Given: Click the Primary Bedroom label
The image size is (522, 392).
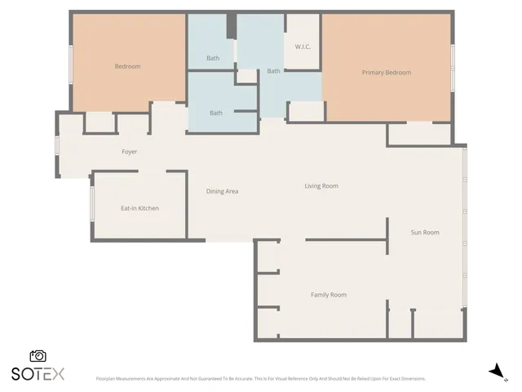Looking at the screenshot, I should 386,73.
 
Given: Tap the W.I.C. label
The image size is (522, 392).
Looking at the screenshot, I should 301,47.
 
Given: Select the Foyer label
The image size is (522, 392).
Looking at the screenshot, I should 129,152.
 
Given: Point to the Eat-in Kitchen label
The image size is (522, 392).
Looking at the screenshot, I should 139,208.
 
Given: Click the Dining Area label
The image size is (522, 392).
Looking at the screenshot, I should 222,191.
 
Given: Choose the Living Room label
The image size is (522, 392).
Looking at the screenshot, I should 321,186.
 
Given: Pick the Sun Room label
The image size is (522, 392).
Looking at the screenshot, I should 425,233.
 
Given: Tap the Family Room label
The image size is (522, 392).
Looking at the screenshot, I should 328,295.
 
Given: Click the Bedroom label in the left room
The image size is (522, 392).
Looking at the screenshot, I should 127,66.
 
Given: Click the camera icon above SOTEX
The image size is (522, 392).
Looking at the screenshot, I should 38,356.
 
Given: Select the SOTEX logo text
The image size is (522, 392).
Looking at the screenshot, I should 38,374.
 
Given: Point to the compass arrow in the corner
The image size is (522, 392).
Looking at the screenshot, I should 495,372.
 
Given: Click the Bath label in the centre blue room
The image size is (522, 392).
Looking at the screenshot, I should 273,71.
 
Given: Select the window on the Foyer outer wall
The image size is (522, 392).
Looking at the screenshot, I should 56,144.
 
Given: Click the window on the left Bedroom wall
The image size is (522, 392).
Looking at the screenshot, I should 71,63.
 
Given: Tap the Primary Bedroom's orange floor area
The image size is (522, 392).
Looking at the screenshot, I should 386,98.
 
